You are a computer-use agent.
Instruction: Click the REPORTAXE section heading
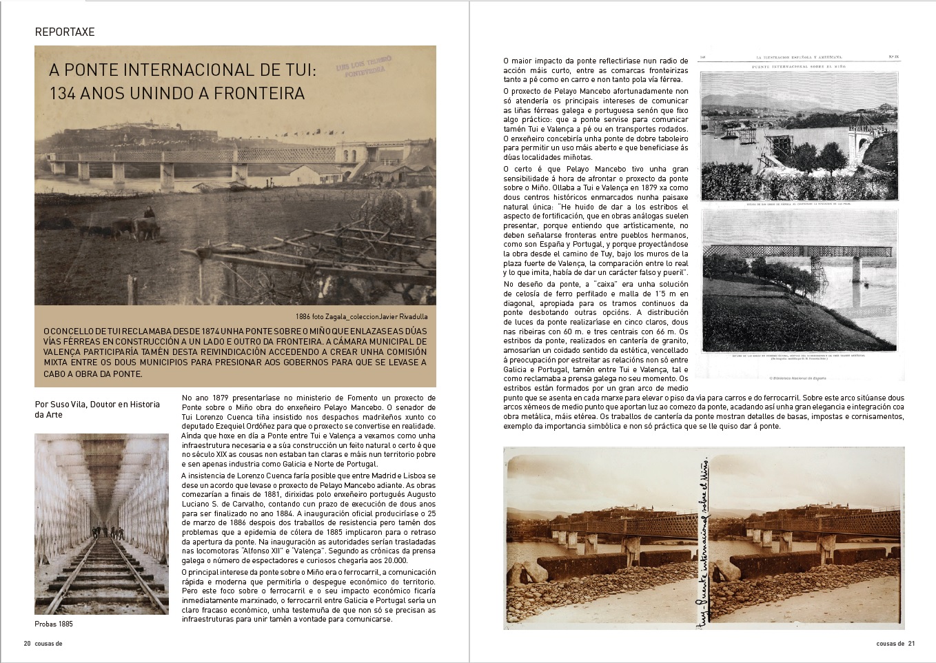point(65,32)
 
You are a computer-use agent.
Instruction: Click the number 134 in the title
point(62,93)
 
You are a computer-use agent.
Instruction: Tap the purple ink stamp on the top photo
point(364,70)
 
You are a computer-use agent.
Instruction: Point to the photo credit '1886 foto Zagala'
point(324,316)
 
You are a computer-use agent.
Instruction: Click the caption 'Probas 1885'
point(54,624)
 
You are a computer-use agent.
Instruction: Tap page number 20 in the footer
point(27,644)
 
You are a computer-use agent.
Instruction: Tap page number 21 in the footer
point(910,644)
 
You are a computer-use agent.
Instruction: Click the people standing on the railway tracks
point(108,532)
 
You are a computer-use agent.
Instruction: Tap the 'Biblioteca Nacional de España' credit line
point(797,378)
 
